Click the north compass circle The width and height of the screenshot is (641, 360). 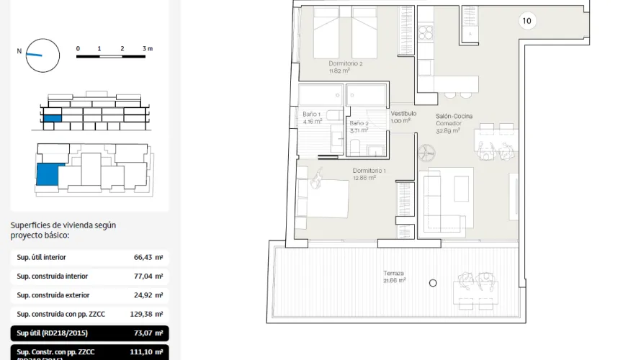pos(42,55)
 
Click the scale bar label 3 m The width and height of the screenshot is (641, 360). pos(148,49)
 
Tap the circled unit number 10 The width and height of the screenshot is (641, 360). pos(526,21)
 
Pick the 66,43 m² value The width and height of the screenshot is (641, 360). pos(148,257)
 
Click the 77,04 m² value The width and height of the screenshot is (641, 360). pos(148,276)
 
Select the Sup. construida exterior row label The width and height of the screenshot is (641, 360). pos(53,295)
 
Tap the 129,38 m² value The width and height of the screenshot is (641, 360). pos(146,315)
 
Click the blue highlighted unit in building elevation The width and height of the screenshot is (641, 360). pos(53,118)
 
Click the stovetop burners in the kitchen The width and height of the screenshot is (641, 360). pos(425,32)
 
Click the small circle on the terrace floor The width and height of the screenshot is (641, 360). pos(433,283)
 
